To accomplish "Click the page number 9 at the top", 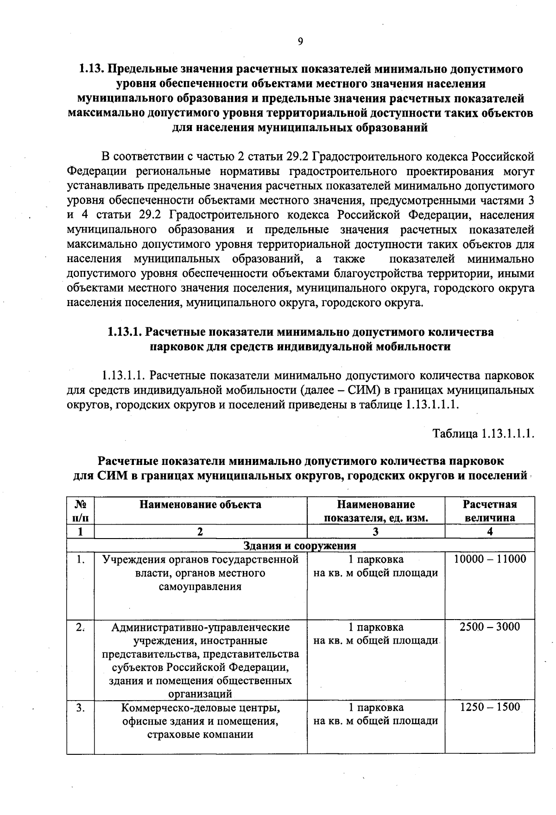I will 300,42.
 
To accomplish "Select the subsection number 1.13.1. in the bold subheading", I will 125,332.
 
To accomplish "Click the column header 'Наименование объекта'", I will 200,504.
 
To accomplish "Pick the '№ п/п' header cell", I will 81,511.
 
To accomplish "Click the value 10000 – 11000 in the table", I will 490,559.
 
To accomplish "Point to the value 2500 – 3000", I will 490,627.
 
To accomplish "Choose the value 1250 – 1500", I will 490,707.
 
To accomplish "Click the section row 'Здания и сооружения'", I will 300,545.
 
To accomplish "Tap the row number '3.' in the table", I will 81,708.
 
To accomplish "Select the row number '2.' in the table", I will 81,627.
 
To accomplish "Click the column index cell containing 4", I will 490,532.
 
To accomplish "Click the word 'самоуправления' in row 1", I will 200,586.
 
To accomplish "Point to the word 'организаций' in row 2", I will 200,694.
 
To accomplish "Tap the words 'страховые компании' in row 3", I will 200,734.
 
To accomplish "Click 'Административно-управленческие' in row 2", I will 200,627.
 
